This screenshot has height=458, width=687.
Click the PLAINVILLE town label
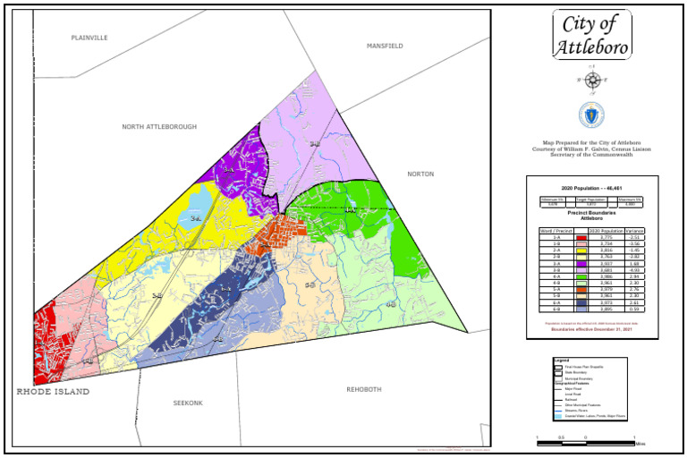point(89,38)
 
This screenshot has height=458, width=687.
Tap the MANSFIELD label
point(385,46)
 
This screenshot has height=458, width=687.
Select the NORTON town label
point(420,174)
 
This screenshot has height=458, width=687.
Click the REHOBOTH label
point(364,389)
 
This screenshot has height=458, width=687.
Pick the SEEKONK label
point(188,403)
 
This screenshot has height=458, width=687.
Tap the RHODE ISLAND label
point(53,392)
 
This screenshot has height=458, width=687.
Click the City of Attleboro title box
point(591,35)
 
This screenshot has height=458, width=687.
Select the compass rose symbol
point(591,81)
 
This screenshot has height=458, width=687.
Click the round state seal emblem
point(591,114)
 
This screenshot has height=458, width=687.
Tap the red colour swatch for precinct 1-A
point(581,237)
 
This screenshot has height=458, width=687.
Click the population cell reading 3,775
point(606,237)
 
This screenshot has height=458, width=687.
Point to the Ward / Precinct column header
point(556,231)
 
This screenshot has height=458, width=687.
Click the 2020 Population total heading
point(591,189)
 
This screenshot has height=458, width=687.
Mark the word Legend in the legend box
point(562,360)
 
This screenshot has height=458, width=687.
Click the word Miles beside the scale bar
point(640,443)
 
